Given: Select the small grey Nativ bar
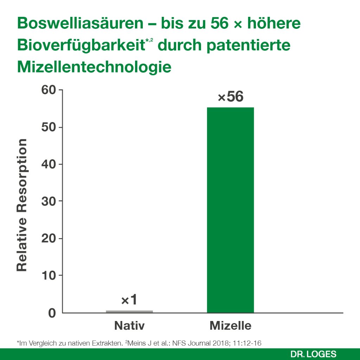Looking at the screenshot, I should pyautogui.click(x=129, y=311).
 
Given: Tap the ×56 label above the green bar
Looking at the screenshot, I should pyautogui.click(x=230, y=97).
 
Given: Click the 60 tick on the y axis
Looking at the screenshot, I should pyautogui.click(x=50, y=90).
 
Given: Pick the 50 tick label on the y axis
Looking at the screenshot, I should pyautogui.click(x=50, y=127).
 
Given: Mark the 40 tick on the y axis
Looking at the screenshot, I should pyautogui.click(x=50, y=164).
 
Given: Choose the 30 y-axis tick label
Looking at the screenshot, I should pyautogui.click(x=50, y=201).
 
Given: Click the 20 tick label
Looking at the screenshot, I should pyautogui.click(x=50, y=238).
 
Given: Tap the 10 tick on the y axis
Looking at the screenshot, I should pyautogui.click(x=50, y=275).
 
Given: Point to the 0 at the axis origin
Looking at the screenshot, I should pyautogui.click(x=52, y=313).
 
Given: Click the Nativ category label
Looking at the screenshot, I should pyautogui.click(x=129, y=326).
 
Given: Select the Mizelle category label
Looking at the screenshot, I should pyautogui.click(x=230, y=326).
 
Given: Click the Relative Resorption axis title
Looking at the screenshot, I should pyautogui.click(x=22, y=205).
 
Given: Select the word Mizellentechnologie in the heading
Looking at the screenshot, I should pyautogui.click(x=94, y=67).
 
